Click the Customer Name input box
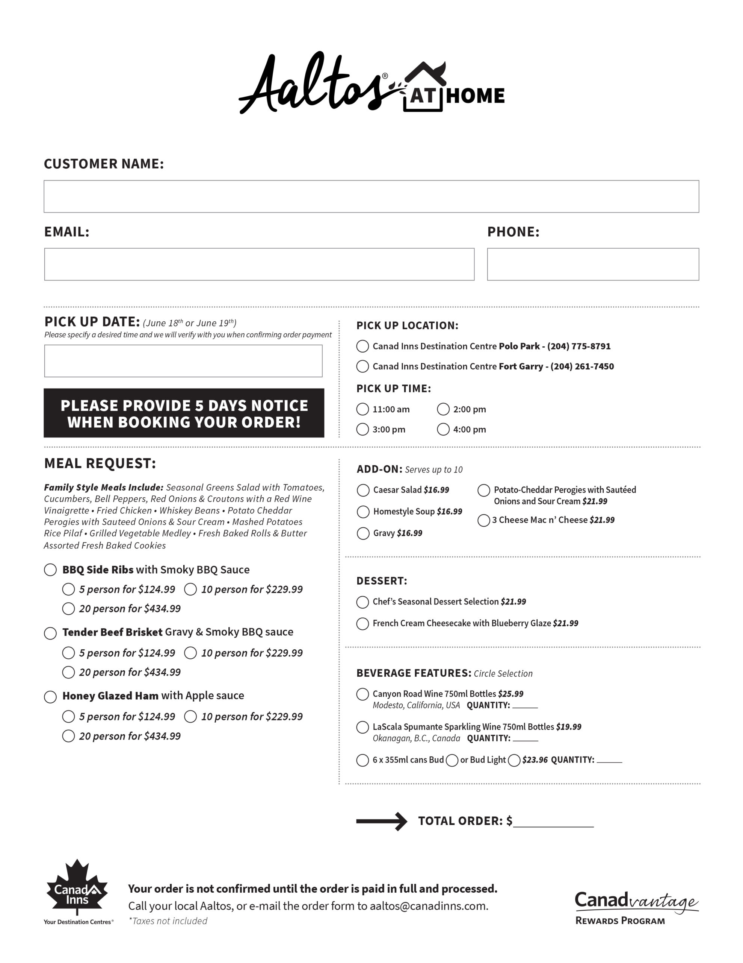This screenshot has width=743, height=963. (371, 196)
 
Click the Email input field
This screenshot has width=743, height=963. (259, 264)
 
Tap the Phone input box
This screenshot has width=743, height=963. (592, 264)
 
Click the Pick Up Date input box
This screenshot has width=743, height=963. (183, 361)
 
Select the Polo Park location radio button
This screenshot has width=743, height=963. (362, 346)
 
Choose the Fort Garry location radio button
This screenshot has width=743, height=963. (362, 366)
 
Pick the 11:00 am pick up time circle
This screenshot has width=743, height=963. (362, 409)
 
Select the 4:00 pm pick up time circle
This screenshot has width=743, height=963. (443, 429)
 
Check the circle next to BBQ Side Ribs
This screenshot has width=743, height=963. (50, 570)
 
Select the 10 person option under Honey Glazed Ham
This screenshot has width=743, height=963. (190, 717)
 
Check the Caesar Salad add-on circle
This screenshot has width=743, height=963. (363, 490)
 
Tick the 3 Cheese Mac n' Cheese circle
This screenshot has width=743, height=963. (483, 520)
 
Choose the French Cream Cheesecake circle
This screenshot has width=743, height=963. (362, 623)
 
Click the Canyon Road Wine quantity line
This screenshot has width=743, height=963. (525, 705)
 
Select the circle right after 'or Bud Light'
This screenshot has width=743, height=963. (514, 760)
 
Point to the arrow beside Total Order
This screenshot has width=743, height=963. (381, 821)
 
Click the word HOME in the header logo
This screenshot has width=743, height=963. (475, 96)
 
